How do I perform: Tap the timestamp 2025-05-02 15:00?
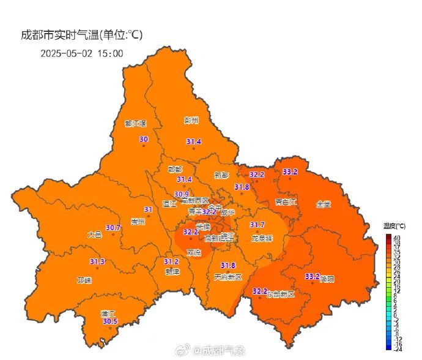tap(82, 53)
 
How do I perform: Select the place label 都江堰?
tap(136, 123)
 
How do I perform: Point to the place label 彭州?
tap(191, 121)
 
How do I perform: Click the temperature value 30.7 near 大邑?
tap(113, 228)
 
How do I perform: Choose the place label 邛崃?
tap(84, 280)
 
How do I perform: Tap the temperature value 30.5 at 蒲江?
tap(110, 321)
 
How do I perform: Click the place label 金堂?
tap(324, 204)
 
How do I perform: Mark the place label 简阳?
tap(327, 279)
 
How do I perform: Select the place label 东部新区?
tap(281, 294)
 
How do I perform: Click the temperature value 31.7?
tap(257, 225)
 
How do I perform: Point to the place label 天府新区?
tap(228, 277)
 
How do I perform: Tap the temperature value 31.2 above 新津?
tap(171, 261)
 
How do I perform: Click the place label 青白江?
tap(286, 201)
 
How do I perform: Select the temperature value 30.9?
tap(182, 194)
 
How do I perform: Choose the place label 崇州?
tap(138, 222)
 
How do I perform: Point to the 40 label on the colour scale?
tap(397, 237)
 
